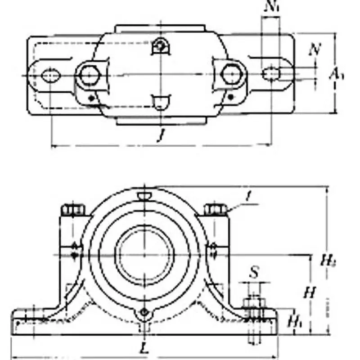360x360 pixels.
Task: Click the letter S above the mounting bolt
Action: tap(254, 272)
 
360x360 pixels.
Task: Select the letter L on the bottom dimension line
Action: tap(144, 347)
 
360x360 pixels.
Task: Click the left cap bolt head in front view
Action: tap(72, 210)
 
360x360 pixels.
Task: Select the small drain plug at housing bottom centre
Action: tap(144, 312)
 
